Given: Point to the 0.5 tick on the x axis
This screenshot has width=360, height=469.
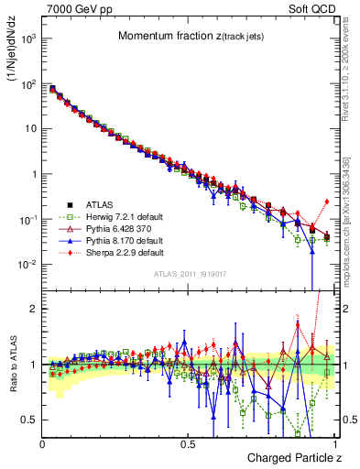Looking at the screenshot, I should pos(187,442).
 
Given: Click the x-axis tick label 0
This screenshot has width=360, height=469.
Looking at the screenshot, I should pos(42,442).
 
